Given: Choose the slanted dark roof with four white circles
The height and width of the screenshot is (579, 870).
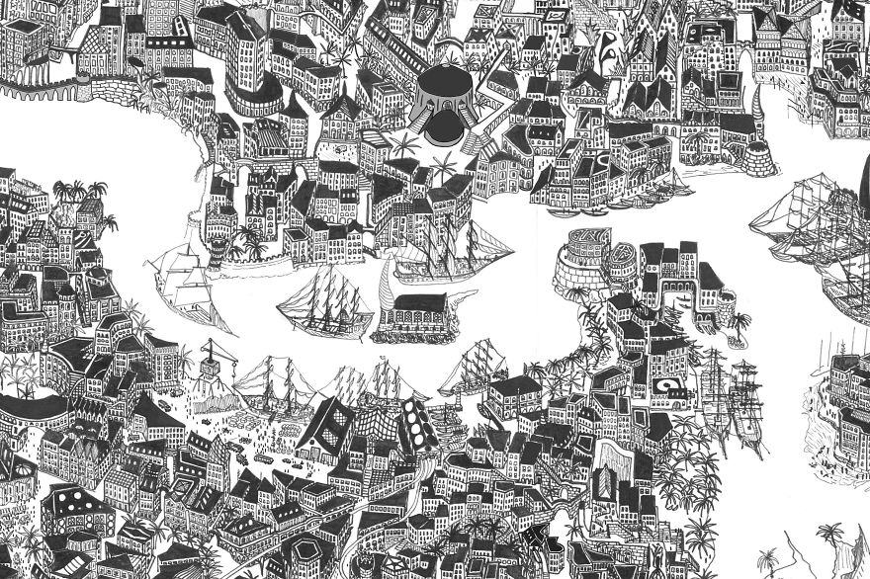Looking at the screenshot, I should [x=412, y=426].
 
